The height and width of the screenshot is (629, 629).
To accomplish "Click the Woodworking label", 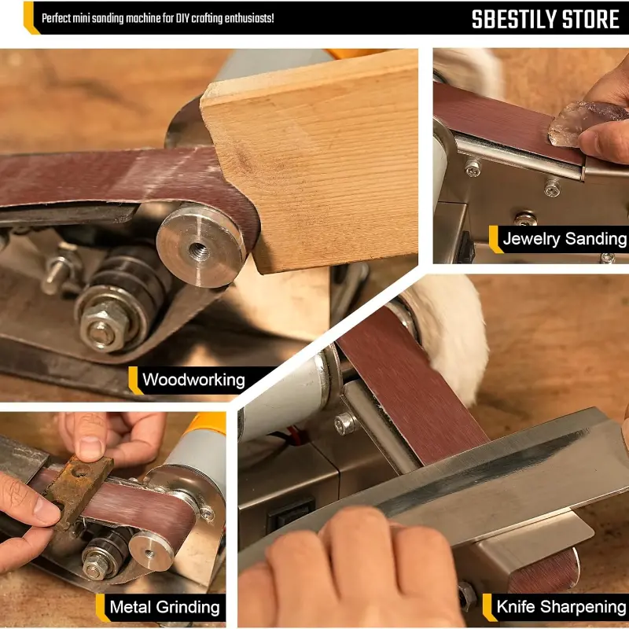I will pos(193,381).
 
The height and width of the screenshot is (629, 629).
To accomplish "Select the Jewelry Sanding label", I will pos(564,239).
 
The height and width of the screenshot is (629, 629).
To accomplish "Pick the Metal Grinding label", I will pos(164,606).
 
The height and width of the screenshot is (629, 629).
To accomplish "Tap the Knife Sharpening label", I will pos(561,606).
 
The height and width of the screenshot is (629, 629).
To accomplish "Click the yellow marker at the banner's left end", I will pos(30,18).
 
